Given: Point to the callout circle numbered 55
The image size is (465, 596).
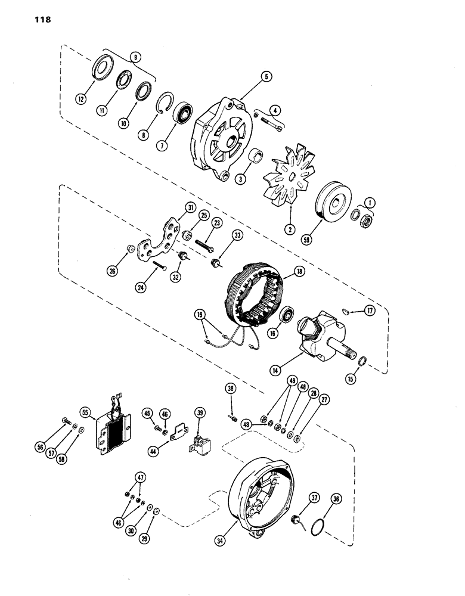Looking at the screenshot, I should [x=85, y=412].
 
